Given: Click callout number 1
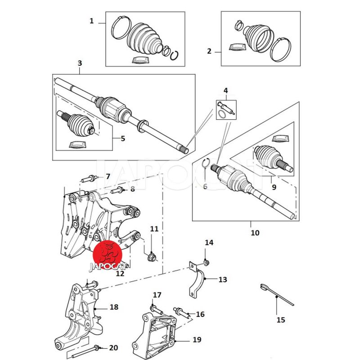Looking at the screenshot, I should point(92,21).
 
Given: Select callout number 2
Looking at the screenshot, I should point(209,51).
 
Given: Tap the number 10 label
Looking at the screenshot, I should point(255,233).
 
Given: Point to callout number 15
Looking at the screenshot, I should point(281,320).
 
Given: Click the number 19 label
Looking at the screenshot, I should point(197,339).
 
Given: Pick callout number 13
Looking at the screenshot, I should point(222,279).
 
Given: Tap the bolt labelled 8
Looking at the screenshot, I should point(116,190).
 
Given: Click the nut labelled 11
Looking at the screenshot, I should point(152,258).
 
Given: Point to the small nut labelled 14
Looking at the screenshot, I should point(206,262).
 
